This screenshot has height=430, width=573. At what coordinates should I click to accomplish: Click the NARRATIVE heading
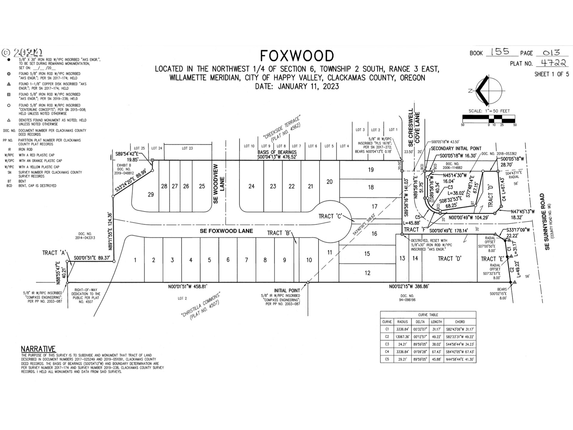(x=38, y=349)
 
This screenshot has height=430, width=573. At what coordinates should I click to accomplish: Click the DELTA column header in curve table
(x=420, y=322)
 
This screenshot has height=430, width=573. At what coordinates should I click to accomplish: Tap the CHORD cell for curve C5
(x=460, y=359)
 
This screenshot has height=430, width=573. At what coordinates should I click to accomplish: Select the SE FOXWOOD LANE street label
(x=226, y=231)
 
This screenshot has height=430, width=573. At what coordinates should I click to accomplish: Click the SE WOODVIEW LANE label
(x=219, y=183)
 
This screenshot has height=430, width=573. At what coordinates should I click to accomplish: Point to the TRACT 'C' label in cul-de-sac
(x=330, y=216)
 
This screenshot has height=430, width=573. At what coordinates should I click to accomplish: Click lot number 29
(x=151, y=194)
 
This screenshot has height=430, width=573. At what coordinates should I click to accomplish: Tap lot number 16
(x=374, y=234)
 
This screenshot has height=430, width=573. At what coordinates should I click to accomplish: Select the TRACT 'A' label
(x=54, y=253)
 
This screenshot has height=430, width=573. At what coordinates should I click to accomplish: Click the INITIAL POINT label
(x=287, y=290)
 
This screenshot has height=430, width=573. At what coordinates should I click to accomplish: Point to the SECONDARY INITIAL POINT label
(x=456, y=148)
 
